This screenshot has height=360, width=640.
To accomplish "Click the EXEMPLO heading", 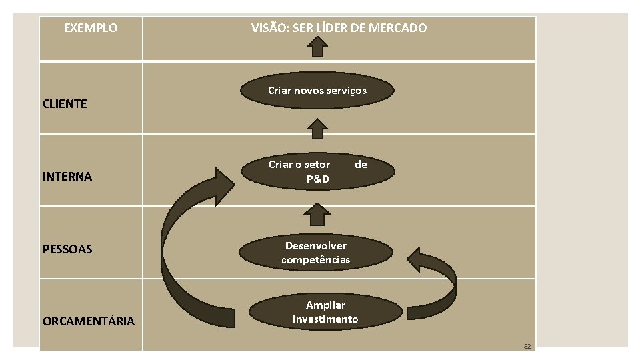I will pos(90,28).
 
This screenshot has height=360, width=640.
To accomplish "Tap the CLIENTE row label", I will pos(65,104).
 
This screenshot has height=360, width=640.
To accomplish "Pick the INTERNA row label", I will pos(67,177).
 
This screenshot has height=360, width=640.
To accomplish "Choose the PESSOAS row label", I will pos(67,249).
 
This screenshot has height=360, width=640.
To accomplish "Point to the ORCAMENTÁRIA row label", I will pos(88,321).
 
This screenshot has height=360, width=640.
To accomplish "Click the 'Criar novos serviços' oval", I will pos(317,91).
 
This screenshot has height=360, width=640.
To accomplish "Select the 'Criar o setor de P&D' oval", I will pos(317,171).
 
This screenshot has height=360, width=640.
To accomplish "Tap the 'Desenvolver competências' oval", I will pos(315,253).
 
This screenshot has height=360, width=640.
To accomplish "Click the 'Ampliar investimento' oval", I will pos(325,312).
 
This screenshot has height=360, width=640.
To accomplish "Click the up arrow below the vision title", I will pos(319,47).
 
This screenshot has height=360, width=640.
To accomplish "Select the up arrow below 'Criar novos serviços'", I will pos(319,128).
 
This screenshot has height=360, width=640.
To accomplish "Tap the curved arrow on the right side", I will pos(440,280).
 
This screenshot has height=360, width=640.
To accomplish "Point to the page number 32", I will pos(527,346).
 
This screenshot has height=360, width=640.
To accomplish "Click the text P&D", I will pos(317,179).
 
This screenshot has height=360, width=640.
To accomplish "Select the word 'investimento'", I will pos(325,319).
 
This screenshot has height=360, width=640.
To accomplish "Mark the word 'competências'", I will pos(315,260).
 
